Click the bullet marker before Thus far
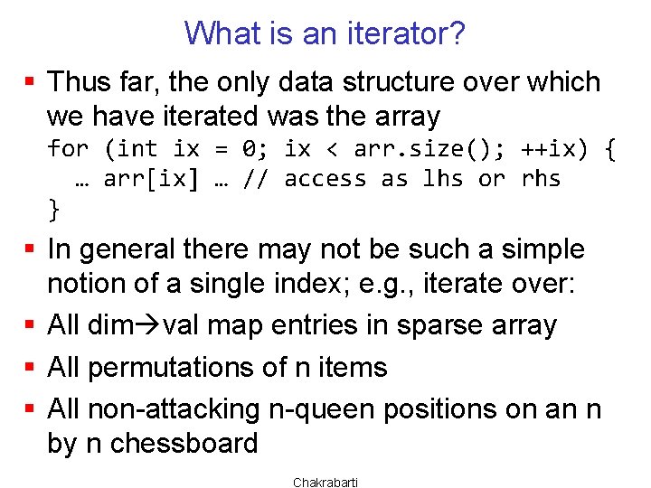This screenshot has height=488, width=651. click(30, 83)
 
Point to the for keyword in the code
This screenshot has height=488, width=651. click(68, 148)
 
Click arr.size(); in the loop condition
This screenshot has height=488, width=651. click(386, 148)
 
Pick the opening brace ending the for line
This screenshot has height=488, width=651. click(608, 148)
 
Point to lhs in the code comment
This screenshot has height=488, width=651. click(442, 179)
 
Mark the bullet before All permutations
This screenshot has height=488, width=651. click(30, 368)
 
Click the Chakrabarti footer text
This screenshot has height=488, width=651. click(325, 483)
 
